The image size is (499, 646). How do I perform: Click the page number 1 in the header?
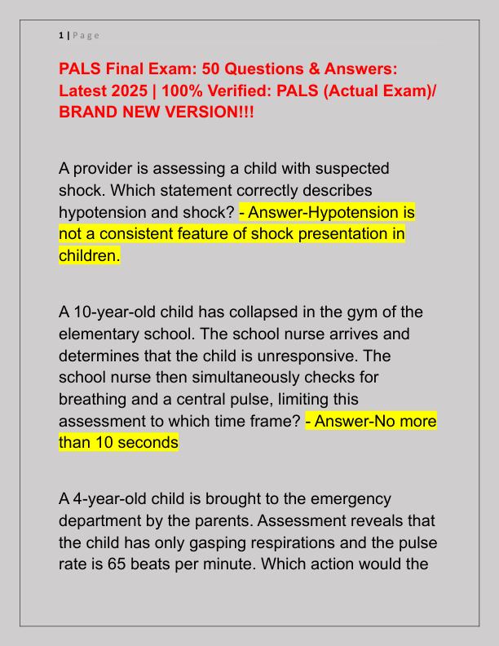tap(60, 35)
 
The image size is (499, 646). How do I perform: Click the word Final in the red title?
tap(125, 70)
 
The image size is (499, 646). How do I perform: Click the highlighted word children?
tap(89, 256)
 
